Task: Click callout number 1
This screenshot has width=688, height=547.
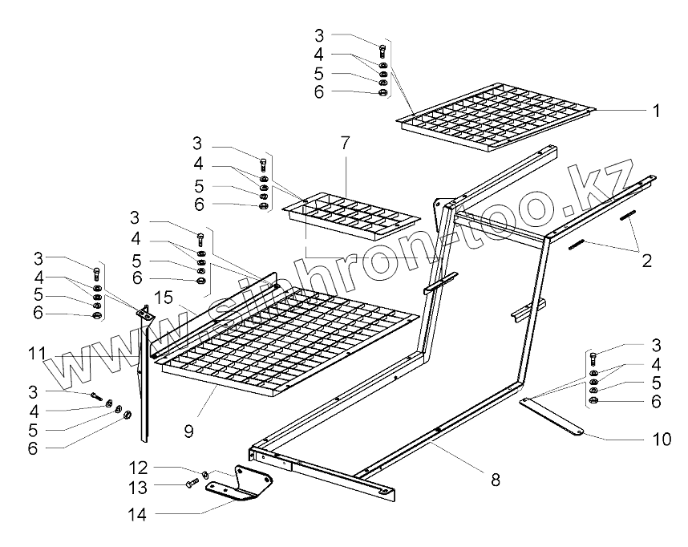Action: (x=656, y=111)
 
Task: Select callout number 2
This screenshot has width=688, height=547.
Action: (x=646, y=261)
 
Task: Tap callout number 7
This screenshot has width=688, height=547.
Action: (x=345, y=144)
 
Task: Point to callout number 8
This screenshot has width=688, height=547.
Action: (x=495, y=480)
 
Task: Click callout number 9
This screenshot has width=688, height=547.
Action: (x=188, y=432)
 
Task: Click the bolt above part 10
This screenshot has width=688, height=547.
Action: (x=593, y=358)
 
